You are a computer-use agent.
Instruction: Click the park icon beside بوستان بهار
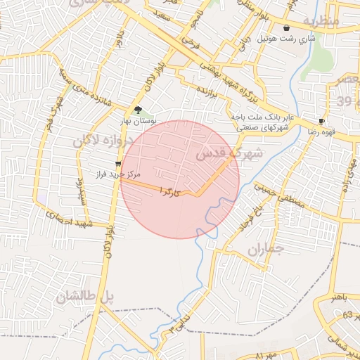tap(138, 110)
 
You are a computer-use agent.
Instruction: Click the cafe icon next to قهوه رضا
tap(321, 121)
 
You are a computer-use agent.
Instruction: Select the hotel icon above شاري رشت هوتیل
tap(286, 27)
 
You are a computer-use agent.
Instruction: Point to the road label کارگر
tap(173, 191)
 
